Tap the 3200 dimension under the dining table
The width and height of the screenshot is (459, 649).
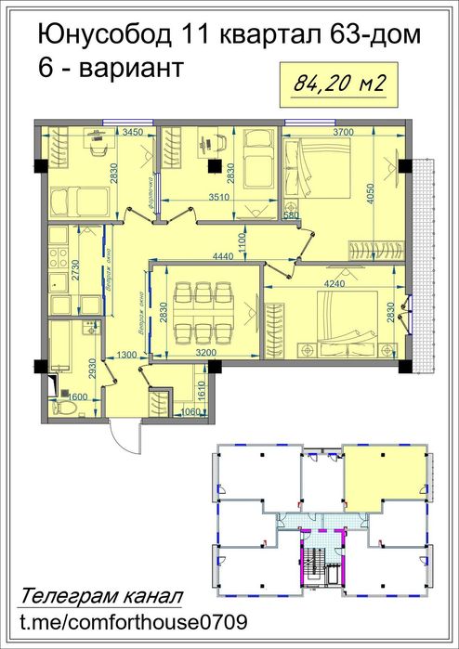pos(206,353)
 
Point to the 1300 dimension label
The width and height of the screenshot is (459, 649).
pos(125,354)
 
